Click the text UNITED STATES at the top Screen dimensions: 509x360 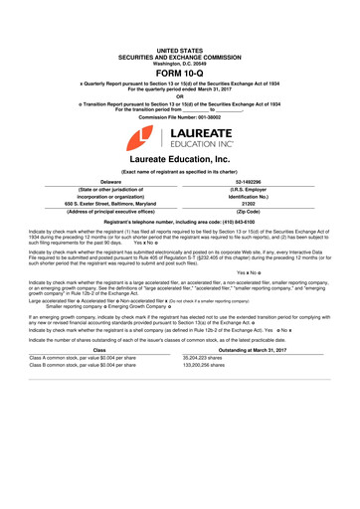point(179,49)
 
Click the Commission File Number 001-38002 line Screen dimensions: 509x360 point(179,117)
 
